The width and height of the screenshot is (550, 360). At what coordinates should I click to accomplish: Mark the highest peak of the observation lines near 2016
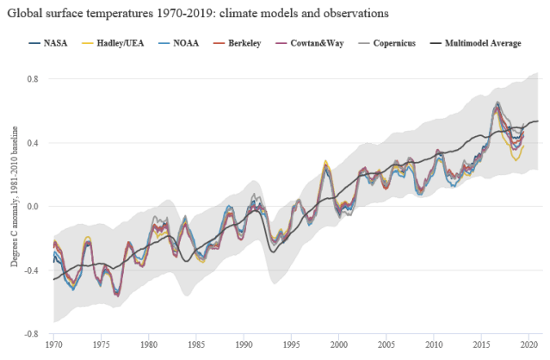pos(497,106)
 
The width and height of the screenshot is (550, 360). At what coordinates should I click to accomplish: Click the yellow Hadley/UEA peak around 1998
pos(324,160)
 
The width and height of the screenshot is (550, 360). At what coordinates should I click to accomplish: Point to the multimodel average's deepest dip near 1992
pos(272,251)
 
